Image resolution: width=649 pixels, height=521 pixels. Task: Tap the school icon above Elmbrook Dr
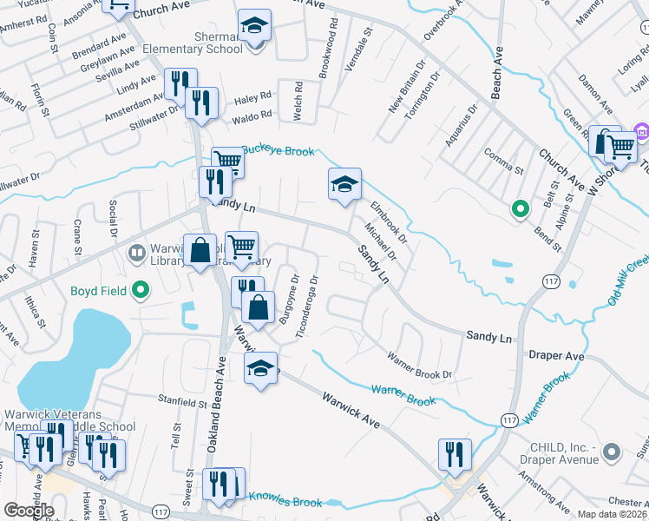point(344,184)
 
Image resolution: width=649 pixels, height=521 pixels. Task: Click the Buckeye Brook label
point(277,151)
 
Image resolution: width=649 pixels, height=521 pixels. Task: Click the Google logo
point(29,511)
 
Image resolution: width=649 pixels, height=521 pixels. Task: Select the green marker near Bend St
point(520,208)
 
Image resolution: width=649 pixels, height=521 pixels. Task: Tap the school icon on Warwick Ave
point(261,368)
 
